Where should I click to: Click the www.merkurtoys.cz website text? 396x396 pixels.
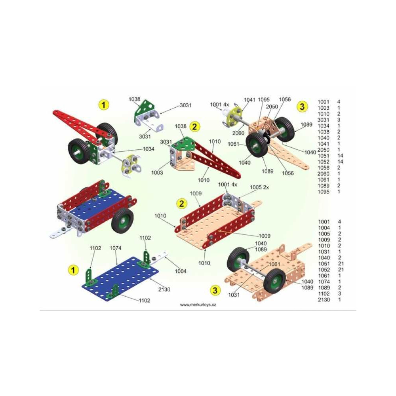tap(198, 305)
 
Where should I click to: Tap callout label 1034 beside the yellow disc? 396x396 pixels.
tap(148, 149)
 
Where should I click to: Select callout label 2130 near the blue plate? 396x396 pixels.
tap(164, 289)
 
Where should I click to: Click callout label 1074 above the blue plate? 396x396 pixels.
tap(115, 248)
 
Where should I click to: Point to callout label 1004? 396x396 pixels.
tap(181, 271)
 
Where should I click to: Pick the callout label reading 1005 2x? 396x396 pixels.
tap(259, 187)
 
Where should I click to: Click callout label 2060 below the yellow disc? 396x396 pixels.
tap(238, 133)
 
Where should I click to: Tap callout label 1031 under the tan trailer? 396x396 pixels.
tap(234, 295)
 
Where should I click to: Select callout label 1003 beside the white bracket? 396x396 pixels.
tap(157, 173)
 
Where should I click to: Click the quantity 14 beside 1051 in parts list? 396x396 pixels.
tap(340, 156)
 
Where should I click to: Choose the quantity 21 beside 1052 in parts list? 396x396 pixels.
tap(341, 270)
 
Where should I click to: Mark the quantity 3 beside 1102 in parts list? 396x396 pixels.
tap(339, 294)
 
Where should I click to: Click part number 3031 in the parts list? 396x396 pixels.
tap(323, 120)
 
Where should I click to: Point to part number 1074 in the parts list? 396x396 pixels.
tap(324, 282)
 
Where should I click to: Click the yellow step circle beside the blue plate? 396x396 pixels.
tap(73, 270)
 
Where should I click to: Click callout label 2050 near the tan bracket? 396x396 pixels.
tap(272, 107)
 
